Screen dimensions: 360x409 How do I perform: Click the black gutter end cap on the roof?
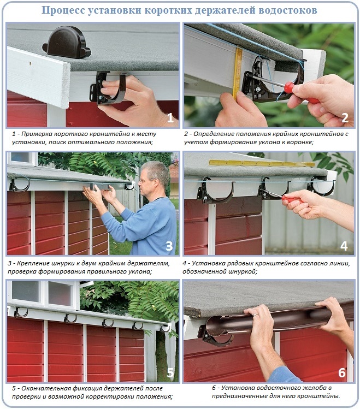[67, 43]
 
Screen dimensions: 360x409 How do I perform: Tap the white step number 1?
[170, 118]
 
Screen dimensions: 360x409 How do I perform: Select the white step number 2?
[345, 118]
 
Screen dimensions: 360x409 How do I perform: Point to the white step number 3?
[169, 246]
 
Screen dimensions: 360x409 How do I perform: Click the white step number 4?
[344, 246]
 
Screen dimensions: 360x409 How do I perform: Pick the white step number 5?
[170, 373]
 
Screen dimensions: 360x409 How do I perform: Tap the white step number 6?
[342, 373]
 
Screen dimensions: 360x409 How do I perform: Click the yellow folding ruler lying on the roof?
[262, 164]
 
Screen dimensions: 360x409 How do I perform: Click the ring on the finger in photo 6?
[255, 316]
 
